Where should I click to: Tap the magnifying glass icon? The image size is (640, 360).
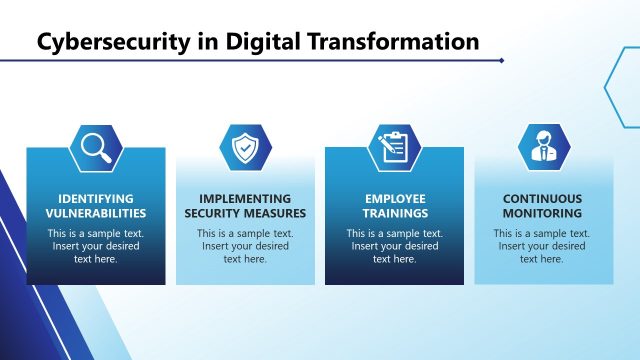coord(96,148)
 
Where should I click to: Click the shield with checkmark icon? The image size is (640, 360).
coord(245,148)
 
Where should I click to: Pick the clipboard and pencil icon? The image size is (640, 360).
coord(394,148)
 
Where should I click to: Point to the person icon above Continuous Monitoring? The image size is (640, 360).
coord(543,148)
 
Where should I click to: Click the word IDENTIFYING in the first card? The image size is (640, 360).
coord(96,199)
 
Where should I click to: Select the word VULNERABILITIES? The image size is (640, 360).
coord(96,213)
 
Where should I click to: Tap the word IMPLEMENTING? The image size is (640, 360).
coord(245,199)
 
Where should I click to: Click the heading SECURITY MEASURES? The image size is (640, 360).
coord(245,213)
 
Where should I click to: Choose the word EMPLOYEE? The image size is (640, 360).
coord(394,199)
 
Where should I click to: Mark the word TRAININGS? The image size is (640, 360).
coord(394,213)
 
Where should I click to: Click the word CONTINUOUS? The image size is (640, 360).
coord(543,199)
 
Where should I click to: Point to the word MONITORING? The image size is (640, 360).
coord(543,213)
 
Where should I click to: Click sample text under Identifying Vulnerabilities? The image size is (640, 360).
coord(96,246)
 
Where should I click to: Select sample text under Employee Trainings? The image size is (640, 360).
coord(394,246)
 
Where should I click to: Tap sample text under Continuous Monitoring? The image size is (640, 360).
coord(543,246)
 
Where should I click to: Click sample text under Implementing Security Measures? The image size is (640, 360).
coord(245,246)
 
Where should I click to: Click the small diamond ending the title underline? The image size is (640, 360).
coord(501,60)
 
